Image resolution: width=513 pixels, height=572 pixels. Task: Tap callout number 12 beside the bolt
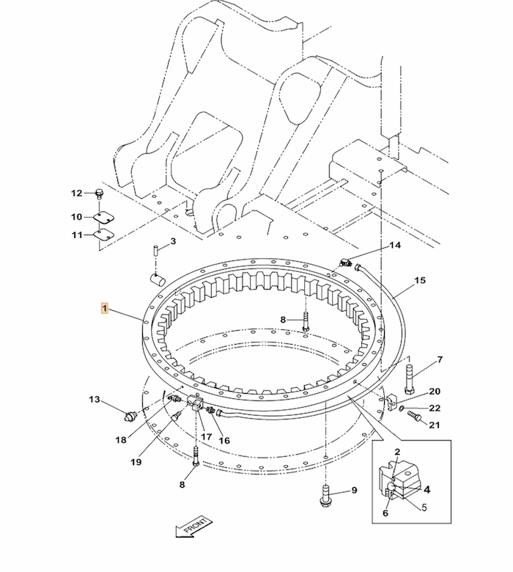[x=77, y=194]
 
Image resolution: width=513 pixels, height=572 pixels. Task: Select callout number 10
[x=77, y=217]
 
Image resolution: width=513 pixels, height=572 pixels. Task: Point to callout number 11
[x=77, y=235]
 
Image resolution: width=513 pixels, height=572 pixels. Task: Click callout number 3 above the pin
[x=173, y=241]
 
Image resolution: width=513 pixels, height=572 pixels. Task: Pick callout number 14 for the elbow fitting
[x=395, y=246]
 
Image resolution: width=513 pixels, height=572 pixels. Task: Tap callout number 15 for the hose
[x=420, y=281]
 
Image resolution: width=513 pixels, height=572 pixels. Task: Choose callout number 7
[x=440, y=359]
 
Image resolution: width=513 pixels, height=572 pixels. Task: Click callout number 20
[x=435, y=392]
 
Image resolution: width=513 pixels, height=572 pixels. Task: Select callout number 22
[x=435, y=408]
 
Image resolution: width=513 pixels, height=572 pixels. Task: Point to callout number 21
[x=435, y=425]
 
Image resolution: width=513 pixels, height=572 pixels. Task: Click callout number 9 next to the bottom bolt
[x=353, y=491]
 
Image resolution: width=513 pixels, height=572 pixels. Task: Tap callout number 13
[x=95, y=400]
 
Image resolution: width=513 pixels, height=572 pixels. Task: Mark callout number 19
[x=136, y=462]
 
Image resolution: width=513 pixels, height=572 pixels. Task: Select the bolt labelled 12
[x=100, y=194]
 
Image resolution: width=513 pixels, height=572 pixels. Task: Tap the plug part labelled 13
[x=131, y=418]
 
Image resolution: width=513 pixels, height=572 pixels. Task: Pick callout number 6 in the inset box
[x=385, y=513]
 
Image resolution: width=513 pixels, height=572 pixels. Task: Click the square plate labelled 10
[x=104, y=217]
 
